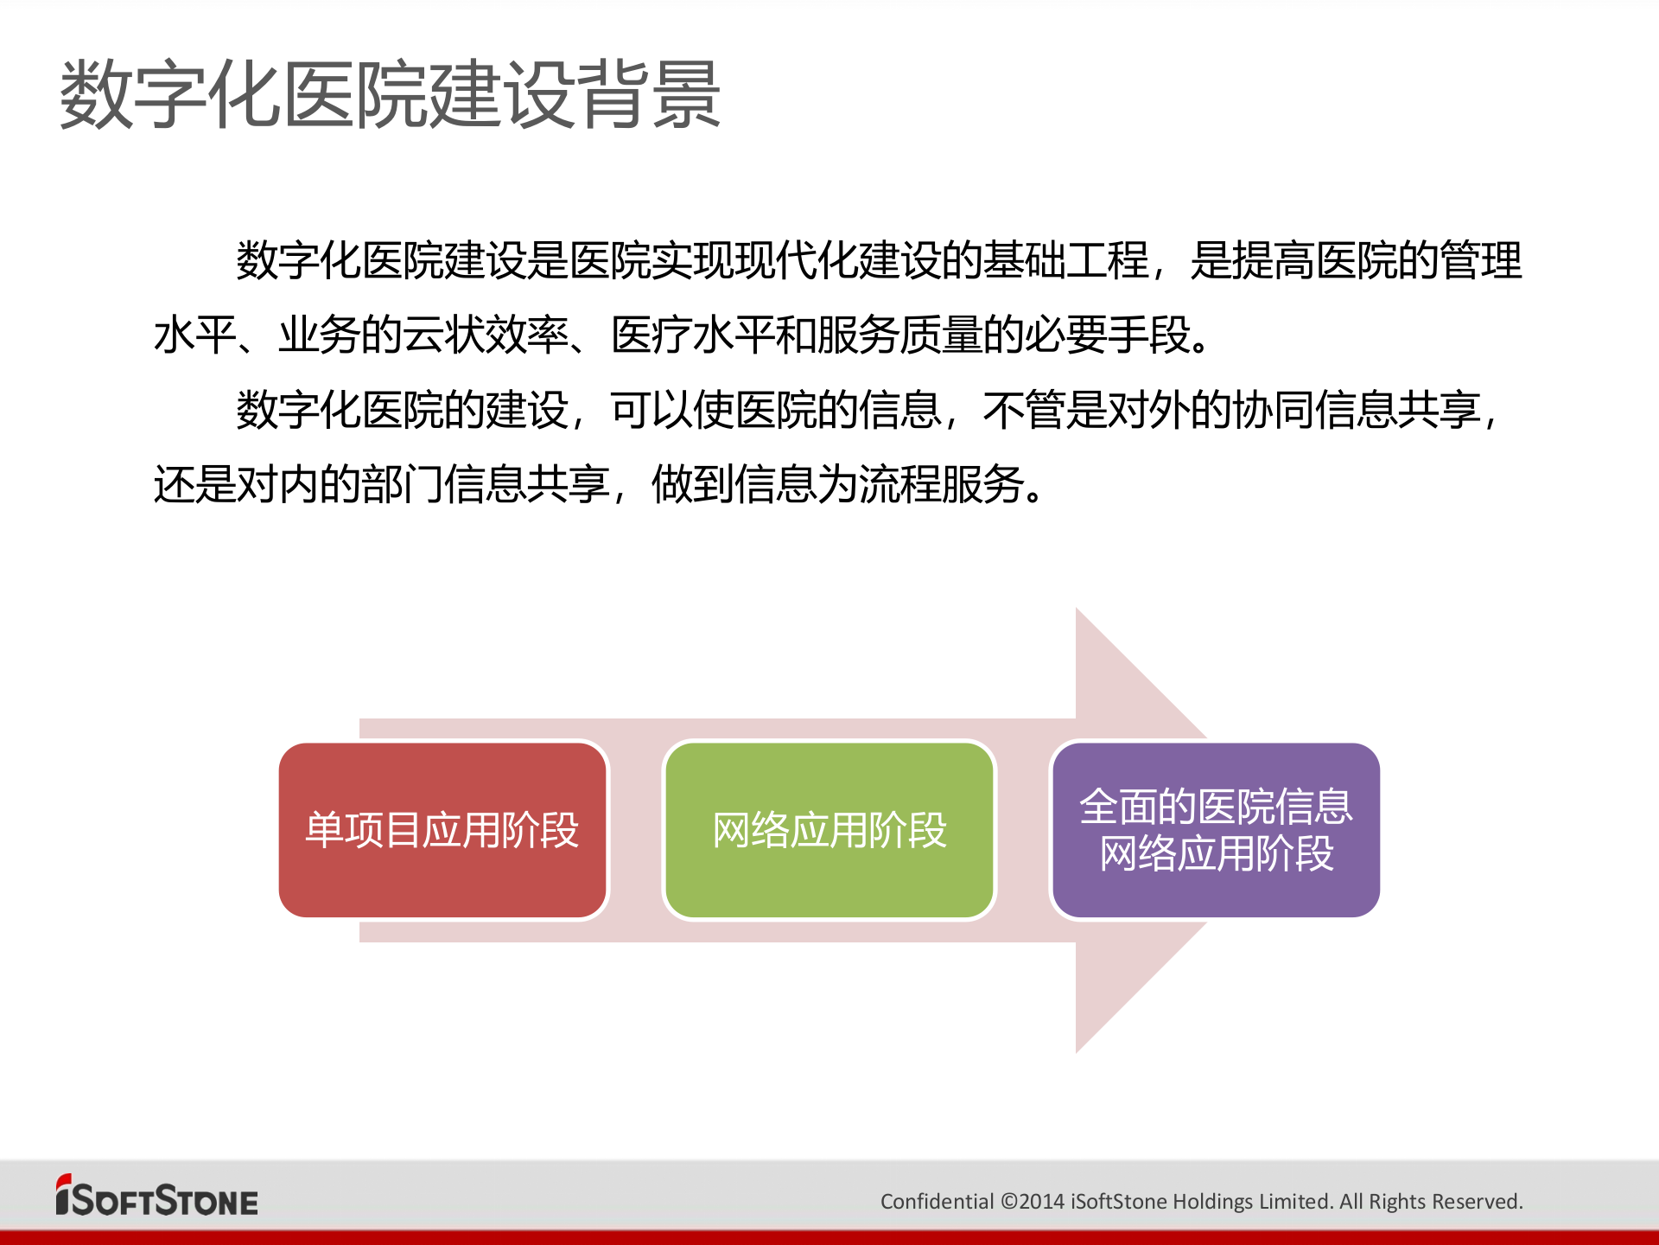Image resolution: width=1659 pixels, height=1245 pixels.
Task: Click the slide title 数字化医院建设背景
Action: point(390,95)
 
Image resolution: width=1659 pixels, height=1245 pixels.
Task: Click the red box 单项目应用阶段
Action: point(442,830)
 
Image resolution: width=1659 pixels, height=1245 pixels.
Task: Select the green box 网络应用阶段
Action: point(829,830)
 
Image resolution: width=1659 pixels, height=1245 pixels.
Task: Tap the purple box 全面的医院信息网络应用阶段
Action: point(1216,830)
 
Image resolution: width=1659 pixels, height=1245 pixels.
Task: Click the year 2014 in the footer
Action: point(1042,1202)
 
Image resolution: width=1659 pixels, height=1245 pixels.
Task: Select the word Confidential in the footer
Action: point(937,1202)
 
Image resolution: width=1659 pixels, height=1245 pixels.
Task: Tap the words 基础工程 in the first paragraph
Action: point(1066,260)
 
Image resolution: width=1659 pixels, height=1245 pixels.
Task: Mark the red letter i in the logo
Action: point(63,1196)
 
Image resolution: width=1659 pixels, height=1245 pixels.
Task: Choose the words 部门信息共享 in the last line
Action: point(486,484)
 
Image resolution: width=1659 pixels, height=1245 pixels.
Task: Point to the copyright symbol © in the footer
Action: point(1008,1202)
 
